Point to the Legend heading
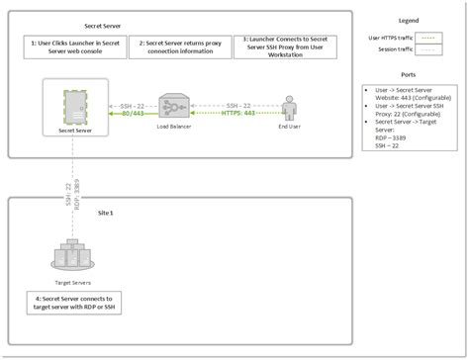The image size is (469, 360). (x=408, y=20)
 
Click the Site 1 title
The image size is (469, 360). (x=104, y=214)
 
